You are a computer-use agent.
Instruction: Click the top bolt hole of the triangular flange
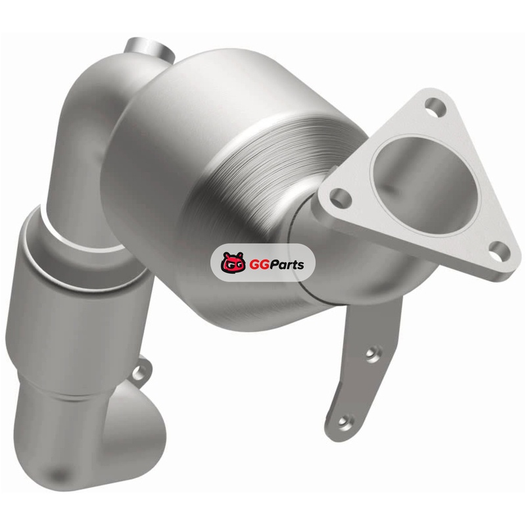pos(435,108)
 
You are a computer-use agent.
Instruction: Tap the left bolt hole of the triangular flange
pos(341,198)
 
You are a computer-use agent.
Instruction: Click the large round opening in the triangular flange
pos(423,186)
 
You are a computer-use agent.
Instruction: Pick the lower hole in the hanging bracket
pos(343,421)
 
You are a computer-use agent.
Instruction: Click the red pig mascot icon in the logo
pos(233,262)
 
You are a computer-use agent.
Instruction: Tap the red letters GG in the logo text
pos(256,265)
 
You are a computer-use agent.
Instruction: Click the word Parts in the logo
pos(285,265)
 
